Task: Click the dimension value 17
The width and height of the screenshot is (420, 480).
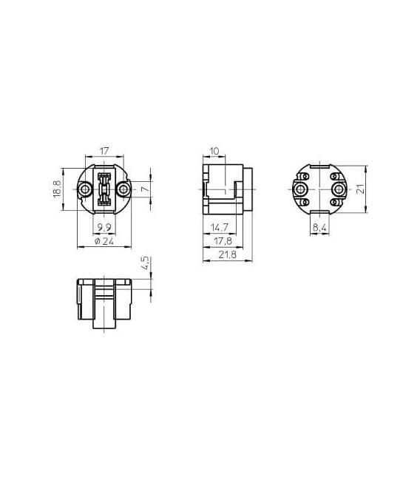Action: (x=104, y=151)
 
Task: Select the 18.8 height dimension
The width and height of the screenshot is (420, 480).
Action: (x=58, y=189)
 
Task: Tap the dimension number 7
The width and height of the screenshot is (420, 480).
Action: (x=146, y=189)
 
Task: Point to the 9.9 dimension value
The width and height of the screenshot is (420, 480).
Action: (x=104, y=228)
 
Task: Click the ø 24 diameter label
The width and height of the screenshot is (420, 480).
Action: (x=104, y=241)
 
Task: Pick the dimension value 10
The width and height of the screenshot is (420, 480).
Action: (x=214, y=151)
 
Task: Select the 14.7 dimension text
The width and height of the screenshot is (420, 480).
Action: (x=220, y=228)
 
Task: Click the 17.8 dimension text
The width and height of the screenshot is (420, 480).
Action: (x=223, y=241)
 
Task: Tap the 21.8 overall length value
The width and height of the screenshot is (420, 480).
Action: (x=228, y=254)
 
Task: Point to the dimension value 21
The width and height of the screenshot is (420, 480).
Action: (x=362, y=189)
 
